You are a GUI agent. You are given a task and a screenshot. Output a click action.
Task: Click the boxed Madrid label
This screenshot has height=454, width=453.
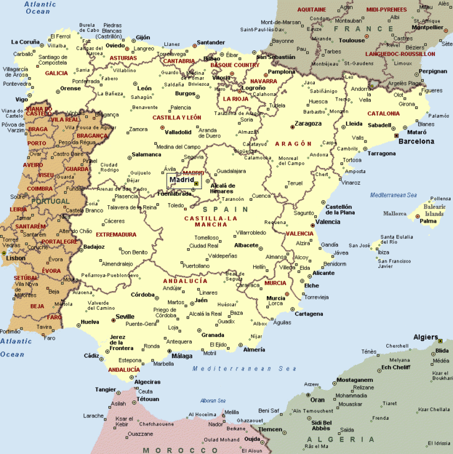pos(182,180)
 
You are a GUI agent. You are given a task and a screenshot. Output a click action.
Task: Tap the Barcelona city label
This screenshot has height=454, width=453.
pos(416,141)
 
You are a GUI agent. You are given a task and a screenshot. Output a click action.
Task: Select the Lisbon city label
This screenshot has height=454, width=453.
pos(16,257)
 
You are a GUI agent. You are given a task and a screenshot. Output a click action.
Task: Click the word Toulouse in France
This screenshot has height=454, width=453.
pos(352,40)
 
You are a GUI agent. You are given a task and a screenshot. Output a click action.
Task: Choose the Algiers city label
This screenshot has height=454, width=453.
pos(426,337)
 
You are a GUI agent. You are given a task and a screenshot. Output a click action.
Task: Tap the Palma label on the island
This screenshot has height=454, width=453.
pos(428,221)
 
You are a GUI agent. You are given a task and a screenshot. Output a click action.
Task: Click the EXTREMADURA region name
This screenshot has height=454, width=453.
pos(116,234)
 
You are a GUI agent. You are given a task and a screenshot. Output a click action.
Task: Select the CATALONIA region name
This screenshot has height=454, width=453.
pos(383,114)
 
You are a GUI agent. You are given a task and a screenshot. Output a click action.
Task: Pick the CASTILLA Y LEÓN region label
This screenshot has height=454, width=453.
pos(177,118)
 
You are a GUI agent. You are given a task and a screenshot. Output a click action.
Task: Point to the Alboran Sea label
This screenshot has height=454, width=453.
pos(213,401)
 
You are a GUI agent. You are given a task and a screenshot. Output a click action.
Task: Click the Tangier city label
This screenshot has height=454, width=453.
pos(105,390)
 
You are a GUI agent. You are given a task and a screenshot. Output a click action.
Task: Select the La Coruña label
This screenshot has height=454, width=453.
pos(26,42)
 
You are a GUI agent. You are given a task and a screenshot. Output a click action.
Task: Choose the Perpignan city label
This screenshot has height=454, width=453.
pos(432,71)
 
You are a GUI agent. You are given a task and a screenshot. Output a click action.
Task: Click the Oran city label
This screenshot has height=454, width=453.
pos(317,399)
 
